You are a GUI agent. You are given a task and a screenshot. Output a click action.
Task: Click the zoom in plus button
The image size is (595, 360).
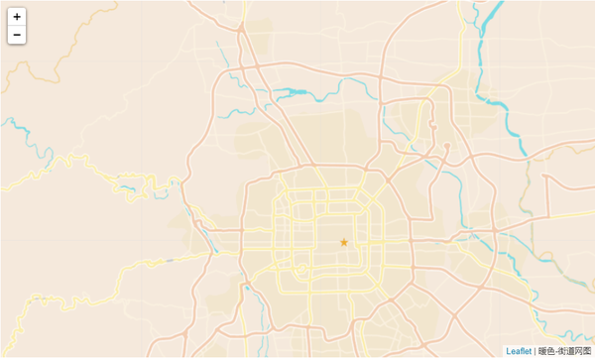(x=17, y=17)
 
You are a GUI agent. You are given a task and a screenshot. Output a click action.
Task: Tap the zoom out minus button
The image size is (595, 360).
(x=17, y=36)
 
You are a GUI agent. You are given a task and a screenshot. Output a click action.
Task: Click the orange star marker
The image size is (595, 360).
(x=344, y=242)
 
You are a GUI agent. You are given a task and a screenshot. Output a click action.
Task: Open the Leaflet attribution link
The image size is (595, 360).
(x=519, y=351)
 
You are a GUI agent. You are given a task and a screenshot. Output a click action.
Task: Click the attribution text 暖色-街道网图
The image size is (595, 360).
(x=564, y=351)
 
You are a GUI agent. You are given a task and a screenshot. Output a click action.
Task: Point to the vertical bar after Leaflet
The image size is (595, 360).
(x=535, y=351)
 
